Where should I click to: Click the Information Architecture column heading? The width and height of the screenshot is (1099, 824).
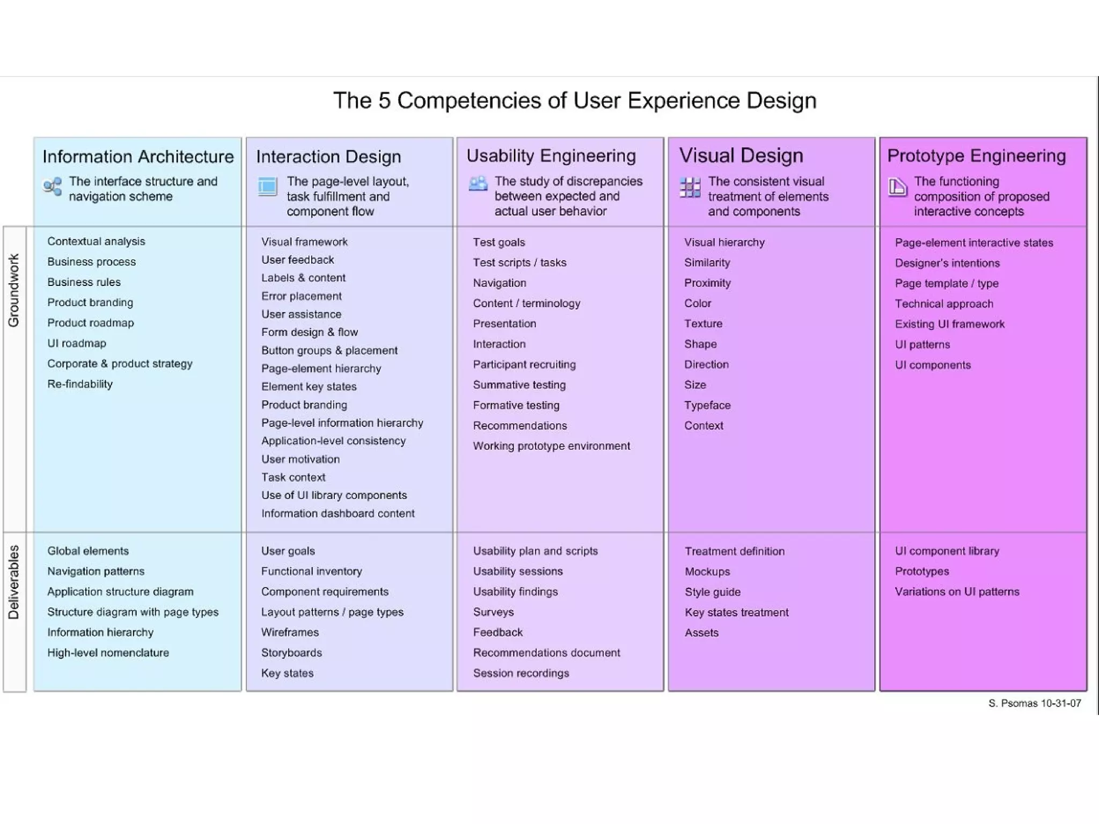pyautogui.click(x=138, y=157)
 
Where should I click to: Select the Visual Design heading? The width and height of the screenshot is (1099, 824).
pyautogui.click(x=741, y=156)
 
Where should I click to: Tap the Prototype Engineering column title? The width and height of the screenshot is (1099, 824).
pyautogui.click(x=976, y=156)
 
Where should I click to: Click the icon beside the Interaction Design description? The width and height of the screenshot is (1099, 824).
pyautogui.click(x=267, y=187)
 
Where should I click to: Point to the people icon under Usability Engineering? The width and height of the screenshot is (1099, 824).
pyautogui.click(x=478, y=184)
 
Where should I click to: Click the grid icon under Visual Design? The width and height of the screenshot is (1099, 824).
pyautogui.click(x=690, y=187)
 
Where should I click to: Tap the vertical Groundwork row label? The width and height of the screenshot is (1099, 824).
pyautogui.click(x=14, y=290)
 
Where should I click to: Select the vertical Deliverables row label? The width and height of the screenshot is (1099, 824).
pyautogui.click(x=14, y=582)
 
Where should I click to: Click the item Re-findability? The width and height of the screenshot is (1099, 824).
pyautogui.click(x=80, y=384)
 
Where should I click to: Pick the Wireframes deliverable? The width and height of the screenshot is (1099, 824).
pyautogui.click(x=290, y=632)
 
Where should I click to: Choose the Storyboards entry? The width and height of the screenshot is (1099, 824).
pyautogui.click(x=291, y=653)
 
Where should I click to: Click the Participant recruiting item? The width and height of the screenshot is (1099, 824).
pyautogui.click(x=524, y=365)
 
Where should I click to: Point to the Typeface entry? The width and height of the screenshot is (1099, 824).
pyautogui.click(x=707, y=406)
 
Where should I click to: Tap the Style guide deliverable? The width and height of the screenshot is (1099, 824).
pyautogui.click(x=712, y=592)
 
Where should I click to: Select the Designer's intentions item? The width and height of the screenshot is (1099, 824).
pyautogui.click(x=947, y=263)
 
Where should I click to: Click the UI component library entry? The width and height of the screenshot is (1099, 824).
pyautogui.click(x=947, y=551)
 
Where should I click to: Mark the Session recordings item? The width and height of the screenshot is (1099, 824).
pyautogui.click(x=521, y=673)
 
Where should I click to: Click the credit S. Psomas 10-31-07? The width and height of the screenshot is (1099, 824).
pyautogui.click(x=1034, y=703)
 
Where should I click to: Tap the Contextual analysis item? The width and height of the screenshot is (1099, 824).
pyautogui.click(x=96, y=241)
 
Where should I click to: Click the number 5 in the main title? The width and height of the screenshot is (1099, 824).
pyautogui.click(x=384, y=101)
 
